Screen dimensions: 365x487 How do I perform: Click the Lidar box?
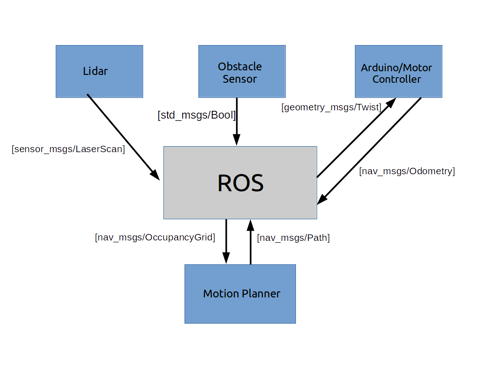(99, 71)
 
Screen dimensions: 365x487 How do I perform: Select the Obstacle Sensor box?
(242, 71)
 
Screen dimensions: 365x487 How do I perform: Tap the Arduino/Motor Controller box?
(398, 71)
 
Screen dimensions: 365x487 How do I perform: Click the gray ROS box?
(240, 182)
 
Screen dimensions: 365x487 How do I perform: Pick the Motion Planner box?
(240, 294)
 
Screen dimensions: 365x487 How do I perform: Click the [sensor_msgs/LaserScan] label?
(69, 149)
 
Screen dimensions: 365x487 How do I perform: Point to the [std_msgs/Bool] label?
(197, 115)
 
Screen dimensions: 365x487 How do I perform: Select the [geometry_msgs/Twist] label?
(331, 108)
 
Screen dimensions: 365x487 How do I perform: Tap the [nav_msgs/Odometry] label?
(407, 171)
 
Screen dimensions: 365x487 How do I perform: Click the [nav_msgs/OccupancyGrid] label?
(155, 238)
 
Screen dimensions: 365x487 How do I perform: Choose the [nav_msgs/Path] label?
(293, 238)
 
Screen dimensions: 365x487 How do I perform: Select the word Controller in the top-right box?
(396, 80)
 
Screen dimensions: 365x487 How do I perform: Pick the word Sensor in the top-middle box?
(239, 79)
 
